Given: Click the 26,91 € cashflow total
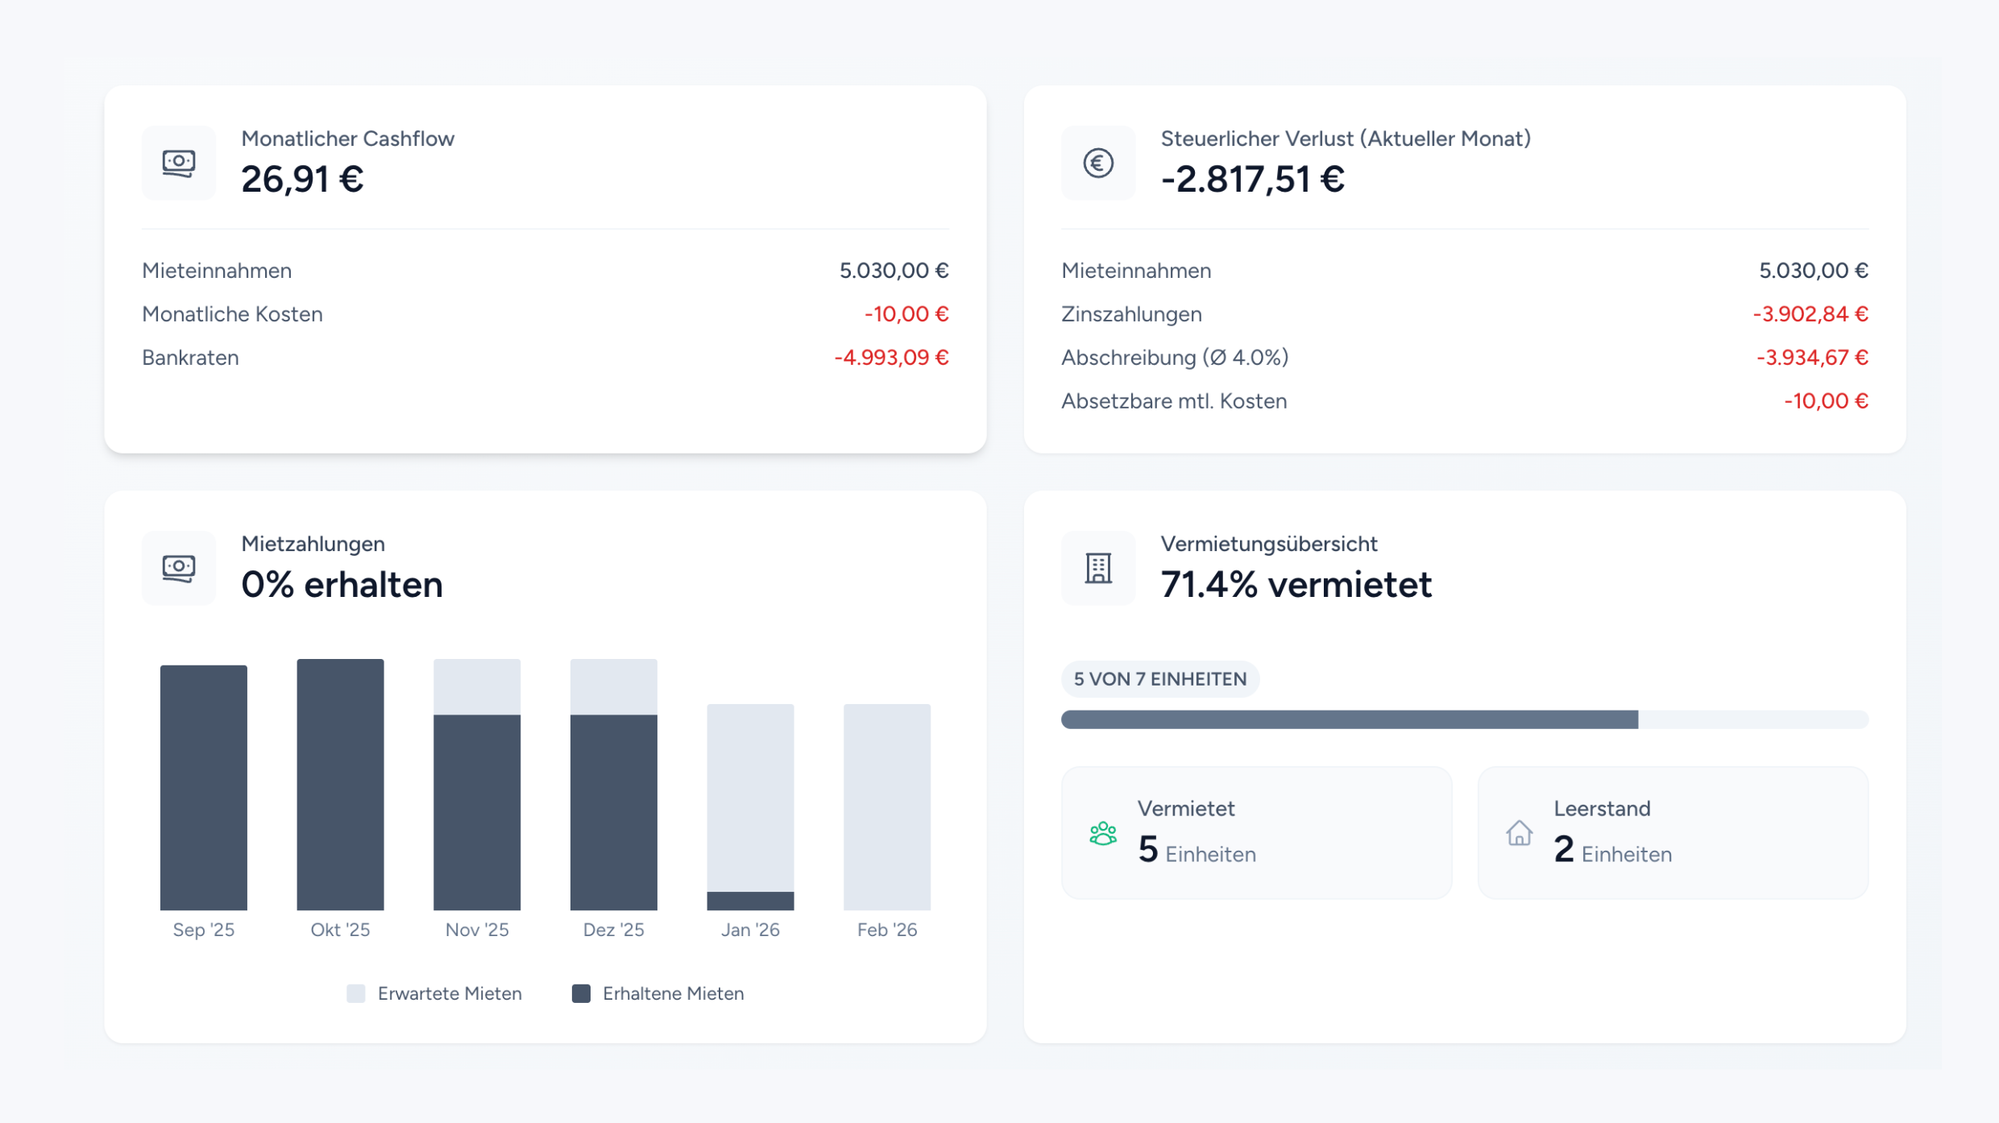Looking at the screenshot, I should (x=302, y=179).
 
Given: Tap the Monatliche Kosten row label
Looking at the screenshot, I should (x=232, y=314).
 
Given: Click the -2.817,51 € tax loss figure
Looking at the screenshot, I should (x=1252, y=179).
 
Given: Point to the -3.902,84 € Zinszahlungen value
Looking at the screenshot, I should (x=1810, y=314).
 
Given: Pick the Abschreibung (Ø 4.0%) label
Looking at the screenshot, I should (x=1174, y=358).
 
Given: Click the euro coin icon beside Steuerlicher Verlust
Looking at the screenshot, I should (x=1097, y=164).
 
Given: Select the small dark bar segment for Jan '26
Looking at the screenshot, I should (x=750, y=901).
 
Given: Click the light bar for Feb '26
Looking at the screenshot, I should (x=886, y=806).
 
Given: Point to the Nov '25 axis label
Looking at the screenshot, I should (x=477, y=930).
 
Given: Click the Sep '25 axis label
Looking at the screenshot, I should (x=204, y=930).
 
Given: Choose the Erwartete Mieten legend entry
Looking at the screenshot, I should (x=435, y=993).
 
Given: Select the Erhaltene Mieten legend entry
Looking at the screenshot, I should (x=658, y=993).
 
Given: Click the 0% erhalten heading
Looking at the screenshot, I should (x=342, y=585).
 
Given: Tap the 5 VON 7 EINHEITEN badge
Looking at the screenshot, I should (x=1159, y=679).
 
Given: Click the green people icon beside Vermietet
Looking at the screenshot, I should (x=1102, y=833).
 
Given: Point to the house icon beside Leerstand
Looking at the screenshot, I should (x=1519, y=833).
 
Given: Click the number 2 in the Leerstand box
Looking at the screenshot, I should (x=1563, y=849).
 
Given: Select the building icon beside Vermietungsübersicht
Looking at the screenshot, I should (x=1097, y=569).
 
